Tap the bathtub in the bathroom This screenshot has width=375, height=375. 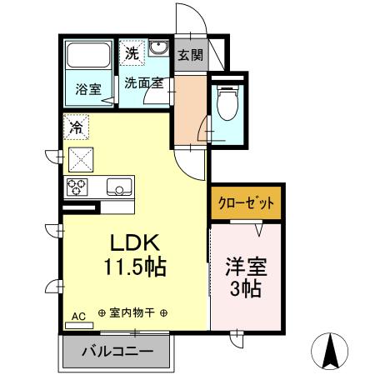pos(88,57)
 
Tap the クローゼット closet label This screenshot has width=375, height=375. pos(246,202)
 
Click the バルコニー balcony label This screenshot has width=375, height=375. pos(117,351)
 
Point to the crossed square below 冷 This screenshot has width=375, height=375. pos(81,157)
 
